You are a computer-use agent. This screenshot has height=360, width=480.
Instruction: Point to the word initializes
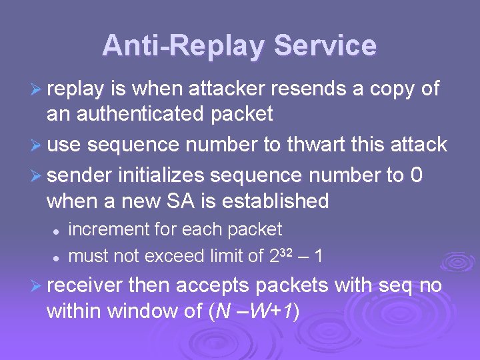163,175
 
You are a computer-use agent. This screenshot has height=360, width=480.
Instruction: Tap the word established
276,200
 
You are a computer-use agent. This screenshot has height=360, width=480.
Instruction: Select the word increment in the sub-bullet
109,229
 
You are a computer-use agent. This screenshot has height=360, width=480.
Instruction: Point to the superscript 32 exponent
283,251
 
